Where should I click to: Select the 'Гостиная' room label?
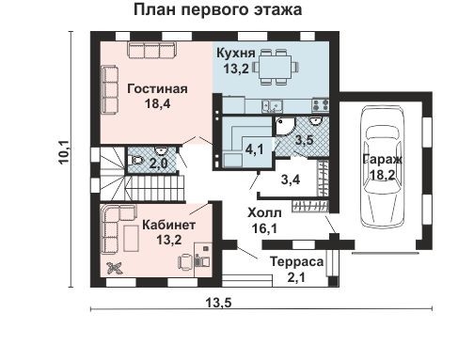pos(158,89)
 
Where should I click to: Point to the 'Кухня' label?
pos(235,52)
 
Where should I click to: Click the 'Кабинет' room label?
pos(169,227)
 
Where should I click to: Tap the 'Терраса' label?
pos(296,260)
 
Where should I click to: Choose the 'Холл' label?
pos(263,212)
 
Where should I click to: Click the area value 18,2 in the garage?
pos(380,174)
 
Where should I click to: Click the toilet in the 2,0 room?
pos(138,161)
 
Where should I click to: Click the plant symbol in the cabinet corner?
pos(116,268)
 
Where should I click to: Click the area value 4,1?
pos(252,149)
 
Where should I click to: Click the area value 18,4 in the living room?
pos(157,104)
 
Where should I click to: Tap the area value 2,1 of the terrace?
pos(296,275)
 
